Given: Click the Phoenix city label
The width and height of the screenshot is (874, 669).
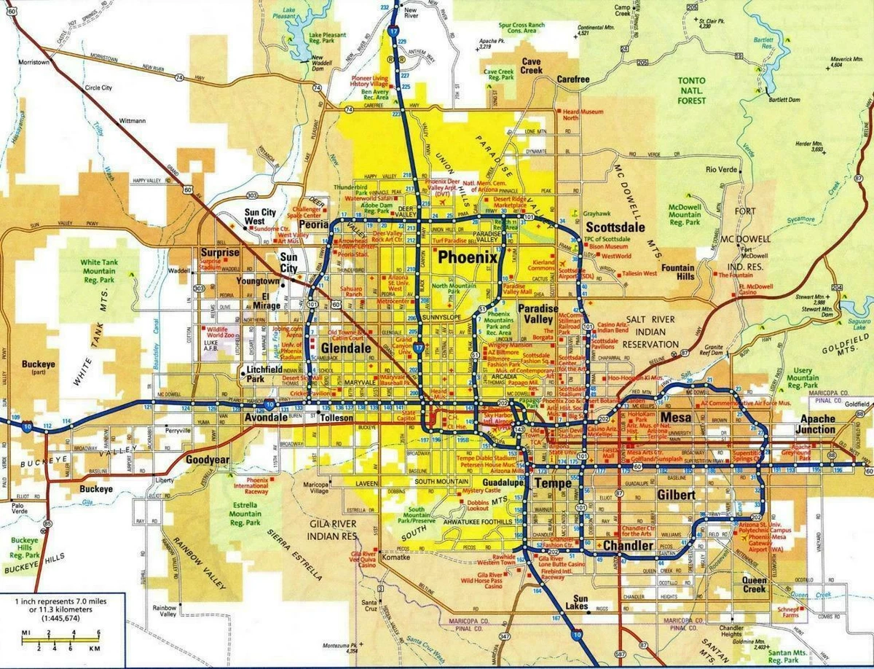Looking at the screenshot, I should click(466, 257).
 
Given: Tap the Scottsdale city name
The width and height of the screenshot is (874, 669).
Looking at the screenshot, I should click(615, 227).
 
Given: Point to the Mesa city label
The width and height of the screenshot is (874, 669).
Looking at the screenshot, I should click(675, 418).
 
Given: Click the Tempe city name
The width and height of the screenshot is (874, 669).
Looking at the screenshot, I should click(553, 483).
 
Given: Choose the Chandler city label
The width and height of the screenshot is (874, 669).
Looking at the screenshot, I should click(627, 546).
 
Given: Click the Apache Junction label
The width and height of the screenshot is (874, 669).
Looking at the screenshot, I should click(817, 424).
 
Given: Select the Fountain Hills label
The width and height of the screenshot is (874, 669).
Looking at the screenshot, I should click(677, 273).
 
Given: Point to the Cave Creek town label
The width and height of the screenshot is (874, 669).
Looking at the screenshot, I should click(531, 66).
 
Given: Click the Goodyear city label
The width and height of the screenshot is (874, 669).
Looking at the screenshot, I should click(207, 460).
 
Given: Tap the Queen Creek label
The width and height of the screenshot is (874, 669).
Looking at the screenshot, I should click(755, 584).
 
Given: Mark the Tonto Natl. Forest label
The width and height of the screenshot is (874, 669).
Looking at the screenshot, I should click(693, 91).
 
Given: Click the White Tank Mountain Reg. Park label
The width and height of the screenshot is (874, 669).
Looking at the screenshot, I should click(108, 270).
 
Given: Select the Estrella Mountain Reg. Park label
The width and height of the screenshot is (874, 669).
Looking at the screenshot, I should click(245, 513).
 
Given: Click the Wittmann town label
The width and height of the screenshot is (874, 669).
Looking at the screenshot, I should click(132, 120).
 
